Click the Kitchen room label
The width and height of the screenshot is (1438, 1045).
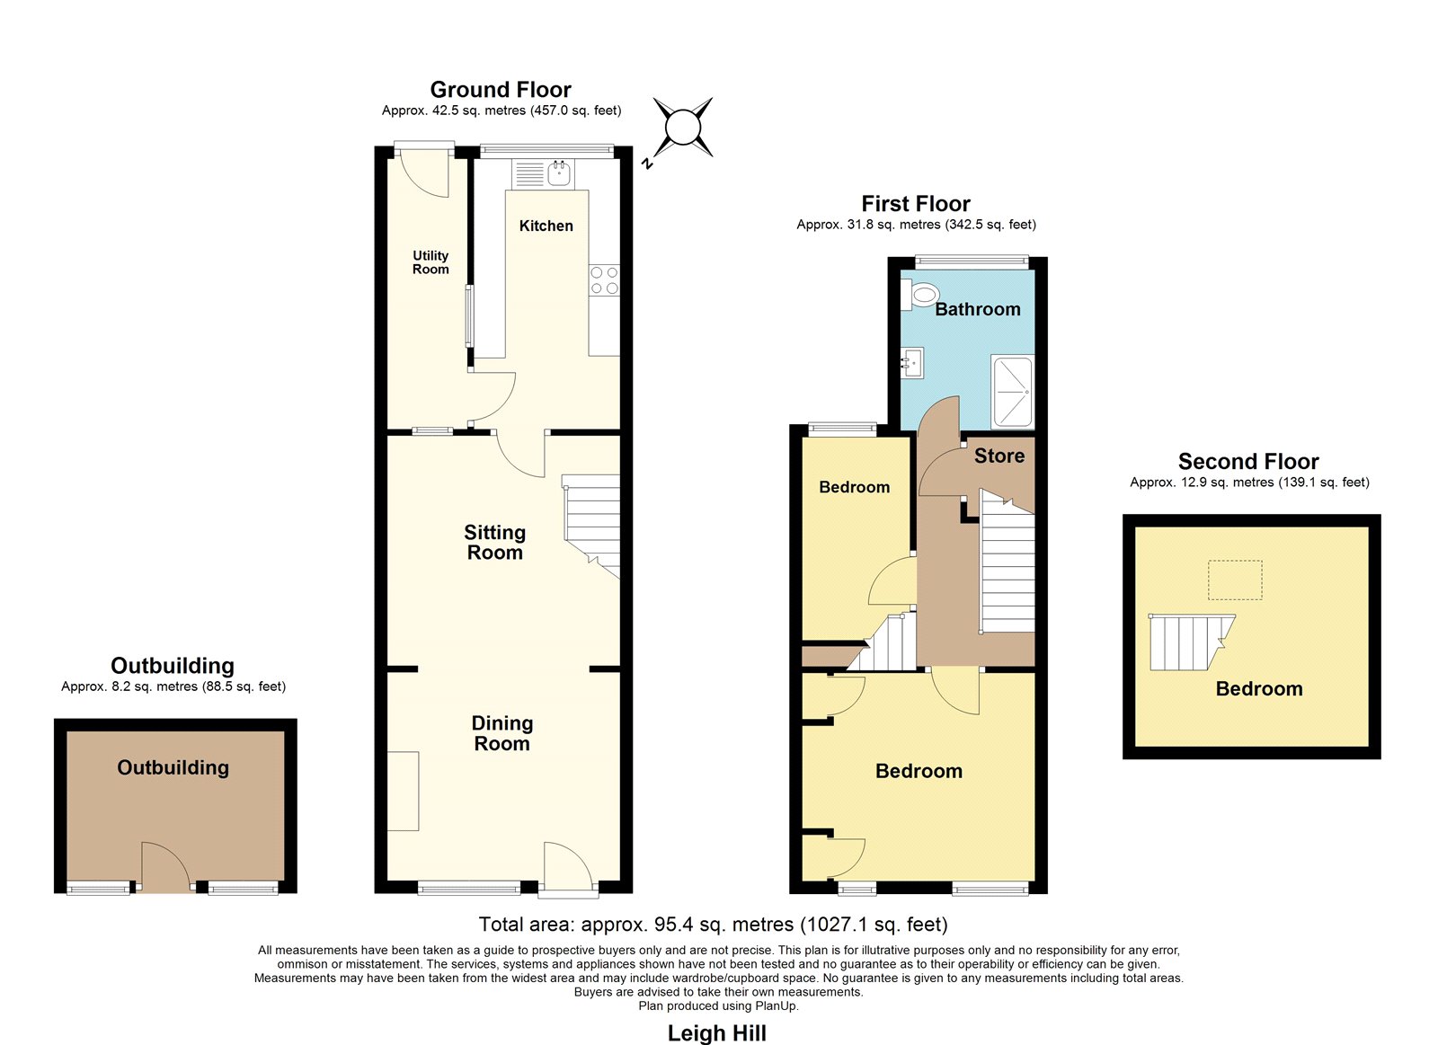point(546,226)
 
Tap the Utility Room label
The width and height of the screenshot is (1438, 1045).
point(431,262)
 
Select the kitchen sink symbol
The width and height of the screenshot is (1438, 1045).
point(543,174)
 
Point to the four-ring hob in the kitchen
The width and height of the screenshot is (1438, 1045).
point(604,279)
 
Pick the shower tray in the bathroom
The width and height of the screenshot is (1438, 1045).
point(1012,392)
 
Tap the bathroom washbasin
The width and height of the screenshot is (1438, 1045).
point(911,363)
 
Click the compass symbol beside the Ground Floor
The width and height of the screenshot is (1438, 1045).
point(682,128)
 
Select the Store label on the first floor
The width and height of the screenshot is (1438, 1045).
point(999,456)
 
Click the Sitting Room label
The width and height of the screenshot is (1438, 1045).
point(495,543)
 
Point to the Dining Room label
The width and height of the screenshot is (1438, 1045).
point(502,733)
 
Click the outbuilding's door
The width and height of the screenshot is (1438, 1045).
point(165,867)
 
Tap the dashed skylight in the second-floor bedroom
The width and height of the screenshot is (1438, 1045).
point(1235,580)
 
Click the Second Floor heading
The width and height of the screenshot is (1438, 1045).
point(1248,462)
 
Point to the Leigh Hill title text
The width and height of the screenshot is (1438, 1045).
point(717,1033)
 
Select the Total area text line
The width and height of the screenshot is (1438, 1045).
point(714,925)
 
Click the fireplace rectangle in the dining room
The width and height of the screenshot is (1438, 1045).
point(403,791)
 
